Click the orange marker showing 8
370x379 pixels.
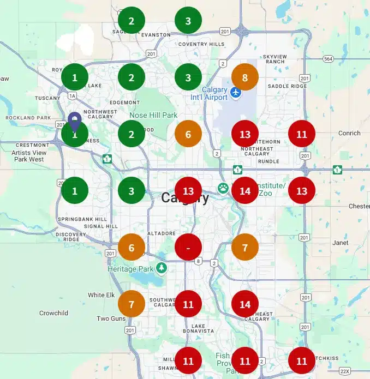[x=245, y=77]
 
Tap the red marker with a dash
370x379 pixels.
[x=188, y=247]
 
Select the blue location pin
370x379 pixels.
[x=75, y=121]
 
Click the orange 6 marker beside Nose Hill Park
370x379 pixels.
[x=188, y=134]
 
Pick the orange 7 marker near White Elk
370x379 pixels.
[x=132, y=304]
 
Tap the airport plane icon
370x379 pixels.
[x=236, y=92]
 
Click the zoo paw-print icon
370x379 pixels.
[x=223, y=188]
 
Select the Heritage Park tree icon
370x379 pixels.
[x=161, y=268]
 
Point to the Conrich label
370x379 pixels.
[x=349, y=133]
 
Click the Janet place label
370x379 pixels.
[x=340, y=243]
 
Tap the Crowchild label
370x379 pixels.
[x=53, y=313]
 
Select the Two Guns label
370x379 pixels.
[x=111, y=318]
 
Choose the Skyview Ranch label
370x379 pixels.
[x=274, y=59]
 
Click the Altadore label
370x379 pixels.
[x=162, y=233]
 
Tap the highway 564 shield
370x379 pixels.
[x=327, y=59]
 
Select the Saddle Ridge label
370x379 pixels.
[x=287, y=86]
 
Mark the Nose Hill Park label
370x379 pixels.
[x=153, y=116]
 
